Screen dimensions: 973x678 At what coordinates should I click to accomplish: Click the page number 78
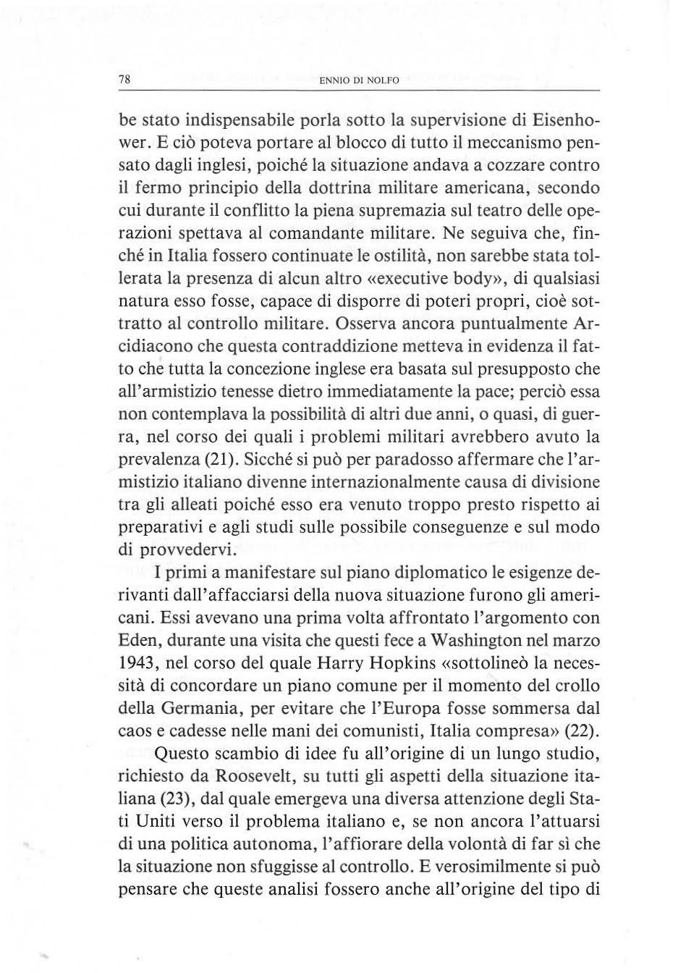pos(124,80)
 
